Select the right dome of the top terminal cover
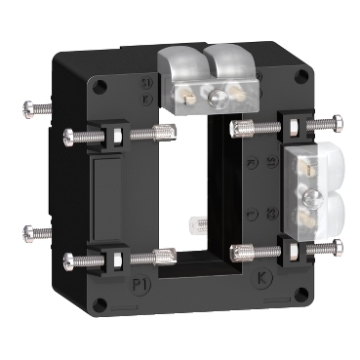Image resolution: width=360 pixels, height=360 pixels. (x=230, y=61)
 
